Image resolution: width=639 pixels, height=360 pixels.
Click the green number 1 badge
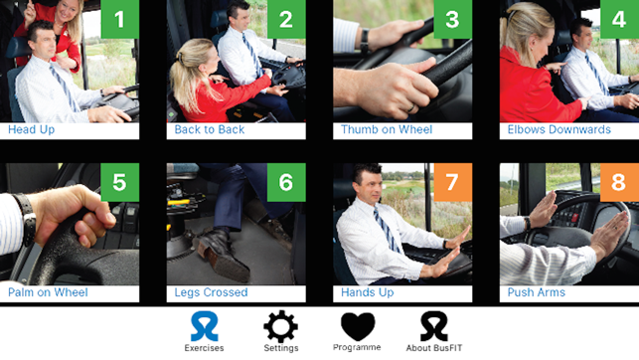pyautogui.click(x=120, y=19)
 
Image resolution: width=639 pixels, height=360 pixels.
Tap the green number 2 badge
pyautogui.click(x=286, y=19)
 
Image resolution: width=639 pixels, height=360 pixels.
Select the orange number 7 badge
pyautogui.click(x=453, y=182)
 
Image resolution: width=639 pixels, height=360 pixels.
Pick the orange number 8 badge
pyautogui.click(x=619, y=182)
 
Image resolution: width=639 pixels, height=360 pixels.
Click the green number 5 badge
pyautogui.click(x=120, y=182)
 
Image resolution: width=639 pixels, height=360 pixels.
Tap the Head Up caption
pyautogui.click(x=32, y=129)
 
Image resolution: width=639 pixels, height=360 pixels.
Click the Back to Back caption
pyautogui.click(x=210, y=129)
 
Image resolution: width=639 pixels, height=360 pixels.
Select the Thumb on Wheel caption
pyautogui.click(x=387, y=129)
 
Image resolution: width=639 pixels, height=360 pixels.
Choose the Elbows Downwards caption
pyautogui.click(x=559, y=129)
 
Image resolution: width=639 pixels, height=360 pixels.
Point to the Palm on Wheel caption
pyautogui.click(x=48, y=292)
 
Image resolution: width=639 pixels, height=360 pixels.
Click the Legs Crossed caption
pyautogui.click(x=211, y=292)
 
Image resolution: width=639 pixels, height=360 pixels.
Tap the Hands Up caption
pyautogui.click(x=367, y=292)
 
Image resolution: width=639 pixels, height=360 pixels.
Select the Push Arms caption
pyautogui.click(x=537, y=292)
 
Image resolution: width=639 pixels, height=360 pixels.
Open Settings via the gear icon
pyautogui.click(x=281, y=326)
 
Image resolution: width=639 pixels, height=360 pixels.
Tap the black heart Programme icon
pyautogui.click(x=358, y=326)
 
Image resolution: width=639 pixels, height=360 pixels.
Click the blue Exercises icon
pyautogui.click(x=204, y=326)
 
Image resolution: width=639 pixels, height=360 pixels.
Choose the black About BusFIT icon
pyautogui.click(x=434, y=326)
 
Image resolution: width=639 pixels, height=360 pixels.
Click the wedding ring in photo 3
pyautogui.click(x=411, y=108)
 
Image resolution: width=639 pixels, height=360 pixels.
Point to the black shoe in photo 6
pyautogui.click(x=223, y=254)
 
